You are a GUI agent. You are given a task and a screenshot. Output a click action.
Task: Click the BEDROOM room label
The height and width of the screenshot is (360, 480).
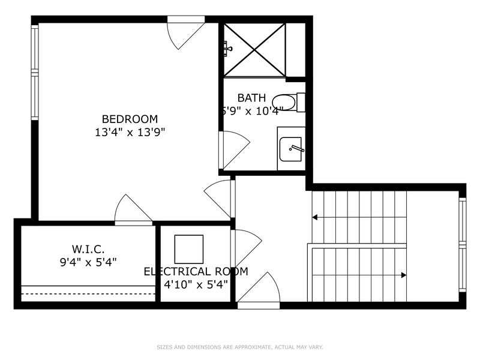click(x=130, y=119)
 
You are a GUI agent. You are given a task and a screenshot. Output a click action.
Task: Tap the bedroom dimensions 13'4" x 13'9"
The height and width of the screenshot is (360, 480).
click(x=130, y=132)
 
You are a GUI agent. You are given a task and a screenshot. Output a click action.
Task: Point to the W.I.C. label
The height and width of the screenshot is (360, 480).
click(x=89, y=248)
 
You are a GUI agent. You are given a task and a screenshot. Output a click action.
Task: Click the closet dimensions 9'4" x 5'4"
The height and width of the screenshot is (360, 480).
click(x=89, y=262)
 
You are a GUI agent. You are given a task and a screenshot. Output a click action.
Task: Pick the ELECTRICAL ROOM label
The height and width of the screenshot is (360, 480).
click(x=196, y=271)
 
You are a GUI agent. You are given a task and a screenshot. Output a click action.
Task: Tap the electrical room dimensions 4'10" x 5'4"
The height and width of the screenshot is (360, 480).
click(x=196, y=284)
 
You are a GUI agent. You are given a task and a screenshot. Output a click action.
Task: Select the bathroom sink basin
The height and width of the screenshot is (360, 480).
click(x=291, y=148)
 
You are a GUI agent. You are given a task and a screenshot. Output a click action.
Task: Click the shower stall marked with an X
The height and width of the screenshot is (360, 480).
click(x=255, y=50)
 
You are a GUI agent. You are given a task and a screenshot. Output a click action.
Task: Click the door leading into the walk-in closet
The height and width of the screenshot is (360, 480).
click(x=132, y=210)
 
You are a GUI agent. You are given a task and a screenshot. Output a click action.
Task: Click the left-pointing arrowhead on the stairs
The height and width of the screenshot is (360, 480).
click(x=315, y=217)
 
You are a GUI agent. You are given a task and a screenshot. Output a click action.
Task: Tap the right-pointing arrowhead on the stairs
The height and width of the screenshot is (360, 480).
click(x=404, y=275)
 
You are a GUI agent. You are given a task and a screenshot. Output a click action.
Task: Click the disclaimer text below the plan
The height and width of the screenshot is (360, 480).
click(x=240, y=347)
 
